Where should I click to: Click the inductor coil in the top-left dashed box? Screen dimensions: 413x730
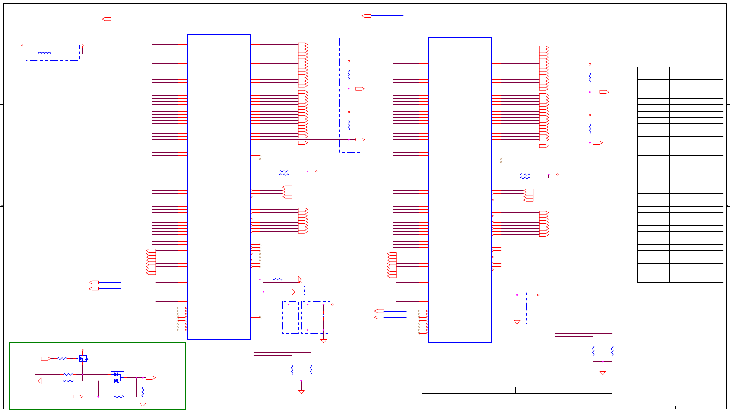click(44, 53)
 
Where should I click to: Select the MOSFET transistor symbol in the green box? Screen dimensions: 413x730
click(83, 359)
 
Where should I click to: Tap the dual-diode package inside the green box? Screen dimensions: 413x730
click(117, 378)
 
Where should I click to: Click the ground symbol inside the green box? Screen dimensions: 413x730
click(143, 404)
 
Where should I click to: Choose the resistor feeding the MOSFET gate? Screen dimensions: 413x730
click(62, 359)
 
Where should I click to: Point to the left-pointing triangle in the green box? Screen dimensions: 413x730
click(40, 381)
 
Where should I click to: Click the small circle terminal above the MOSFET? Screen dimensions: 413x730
click(82, 350)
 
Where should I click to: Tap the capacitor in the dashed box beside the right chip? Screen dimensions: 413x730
click(517, 305)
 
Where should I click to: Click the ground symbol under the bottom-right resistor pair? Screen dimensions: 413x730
click(603, 372)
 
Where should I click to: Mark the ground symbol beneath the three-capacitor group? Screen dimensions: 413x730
click(323, 341)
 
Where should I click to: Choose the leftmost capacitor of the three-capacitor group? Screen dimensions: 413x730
click(289, 316)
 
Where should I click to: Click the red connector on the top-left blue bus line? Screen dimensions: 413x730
click(107, 19)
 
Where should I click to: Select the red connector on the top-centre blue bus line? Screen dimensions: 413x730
click(367, 16)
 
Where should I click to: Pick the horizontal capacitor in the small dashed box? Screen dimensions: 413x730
click(278, 292)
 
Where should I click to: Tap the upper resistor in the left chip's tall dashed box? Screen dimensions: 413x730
click(349, 74)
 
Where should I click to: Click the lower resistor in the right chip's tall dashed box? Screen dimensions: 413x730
click(590, 128)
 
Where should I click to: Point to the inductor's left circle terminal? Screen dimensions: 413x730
click(22, 45)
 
